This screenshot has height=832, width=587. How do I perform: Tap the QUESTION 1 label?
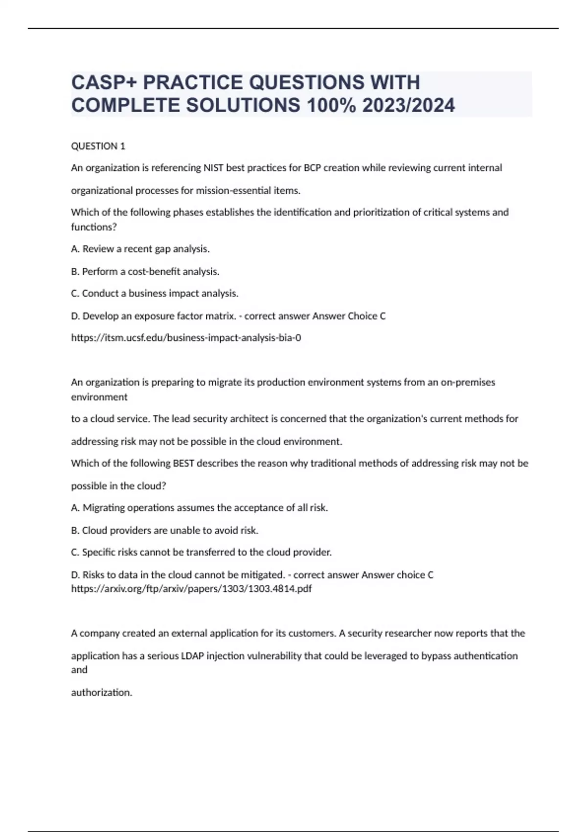[98, 146]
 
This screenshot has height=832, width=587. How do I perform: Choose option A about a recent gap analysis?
[140, 249]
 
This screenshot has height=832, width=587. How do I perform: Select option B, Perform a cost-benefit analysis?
[145, 271]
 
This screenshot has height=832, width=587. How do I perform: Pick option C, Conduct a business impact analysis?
[155, 293]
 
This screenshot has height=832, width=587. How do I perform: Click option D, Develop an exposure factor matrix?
[153, 316]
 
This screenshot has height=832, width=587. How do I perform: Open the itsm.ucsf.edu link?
[186, 338]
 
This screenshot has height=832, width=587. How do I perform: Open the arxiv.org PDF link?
[191, 588]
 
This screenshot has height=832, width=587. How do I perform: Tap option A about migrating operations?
[200, 508]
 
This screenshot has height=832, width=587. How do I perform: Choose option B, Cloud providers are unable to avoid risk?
[165, 530]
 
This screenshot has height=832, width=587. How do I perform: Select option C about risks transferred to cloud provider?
[202, 552]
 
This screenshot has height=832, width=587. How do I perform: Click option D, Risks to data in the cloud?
[178, 575]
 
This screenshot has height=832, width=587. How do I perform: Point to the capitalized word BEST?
[183, 463]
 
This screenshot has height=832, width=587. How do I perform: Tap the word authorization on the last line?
[102, 692]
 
